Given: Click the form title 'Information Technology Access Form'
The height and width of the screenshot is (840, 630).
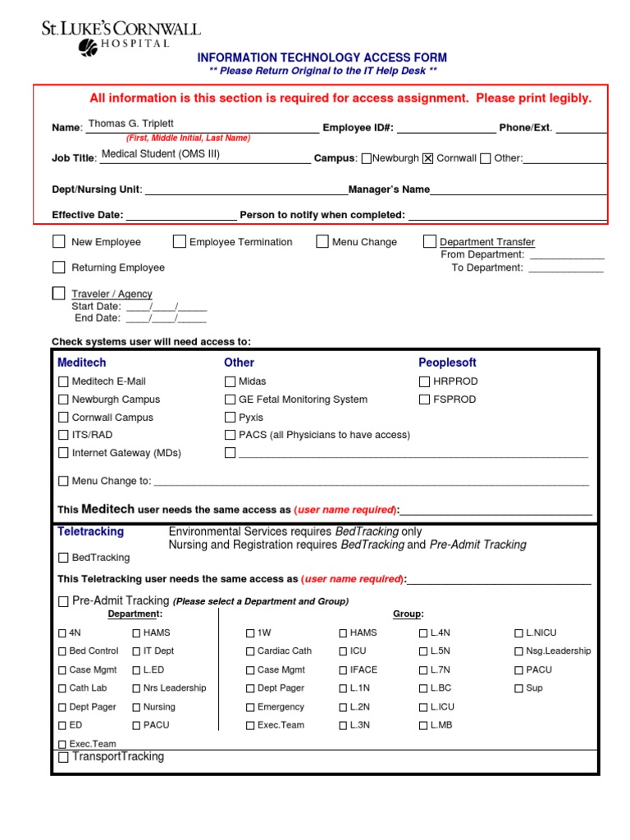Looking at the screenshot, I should point(322,57).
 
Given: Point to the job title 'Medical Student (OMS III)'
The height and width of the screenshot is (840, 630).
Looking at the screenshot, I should point(161,153).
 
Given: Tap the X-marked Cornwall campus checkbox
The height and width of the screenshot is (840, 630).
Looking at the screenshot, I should point(427,158).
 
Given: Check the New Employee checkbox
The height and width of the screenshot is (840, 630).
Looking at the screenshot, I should point(59,241).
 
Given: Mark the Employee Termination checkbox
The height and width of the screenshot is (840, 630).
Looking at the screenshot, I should point(180,241).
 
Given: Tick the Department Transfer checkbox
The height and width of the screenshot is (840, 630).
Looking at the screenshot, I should point(430,241).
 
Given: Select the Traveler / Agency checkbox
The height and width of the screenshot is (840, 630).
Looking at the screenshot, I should point(59,293).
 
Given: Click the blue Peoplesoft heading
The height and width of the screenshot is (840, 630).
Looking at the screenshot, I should point(447,363).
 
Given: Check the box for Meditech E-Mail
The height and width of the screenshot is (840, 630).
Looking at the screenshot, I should point(64,381).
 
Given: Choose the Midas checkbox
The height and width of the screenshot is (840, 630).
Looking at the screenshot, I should point(231,381).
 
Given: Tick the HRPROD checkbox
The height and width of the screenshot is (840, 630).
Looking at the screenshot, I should point(424,381).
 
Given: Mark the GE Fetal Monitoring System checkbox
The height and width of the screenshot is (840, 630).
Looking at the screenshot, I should point(231,399).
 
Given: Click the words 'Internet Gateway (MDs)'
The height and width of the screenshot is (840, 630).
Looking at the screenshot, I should point(126,453).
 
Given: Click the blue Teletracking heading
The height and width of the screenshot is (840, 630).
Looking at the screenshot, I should point(90,532).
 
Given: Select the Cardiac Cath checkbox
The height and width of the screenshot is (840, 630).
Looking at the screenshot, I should point(250,651).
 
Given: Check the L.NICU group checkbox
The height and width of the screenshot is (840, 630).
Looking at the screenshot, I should point(518,633).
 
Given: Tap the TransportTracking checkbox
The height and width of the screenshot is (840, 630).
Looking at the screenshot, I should point(64,758).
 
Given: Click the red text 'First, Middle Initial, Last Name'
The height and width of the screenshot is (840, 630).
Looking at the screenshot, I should point(188,139).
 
